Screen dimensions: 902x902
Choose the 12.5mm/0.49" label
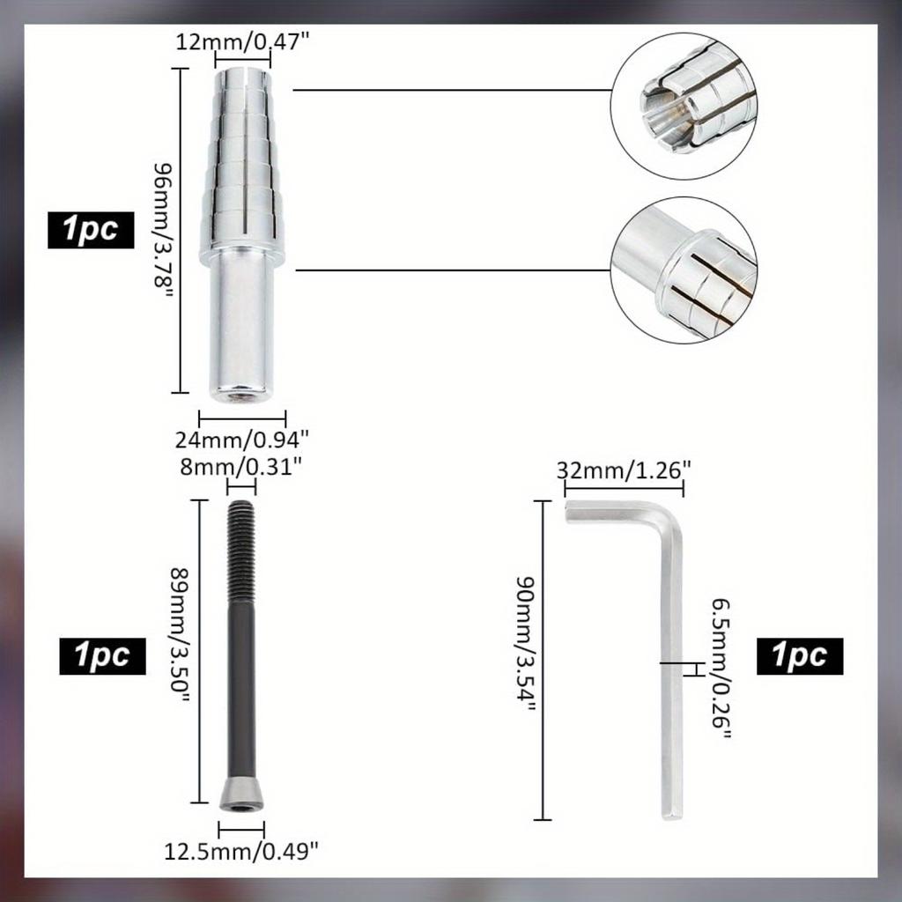coord(241,851)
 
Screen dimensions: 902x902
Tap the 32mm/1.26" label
coord(622,470)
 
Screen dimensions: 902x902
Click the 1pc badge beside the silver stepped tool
coord(92,230)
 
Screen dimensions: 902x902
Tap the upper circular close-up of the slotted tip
coord(684,107)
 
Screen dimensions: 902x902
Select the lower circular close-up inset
coord(684,270)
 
